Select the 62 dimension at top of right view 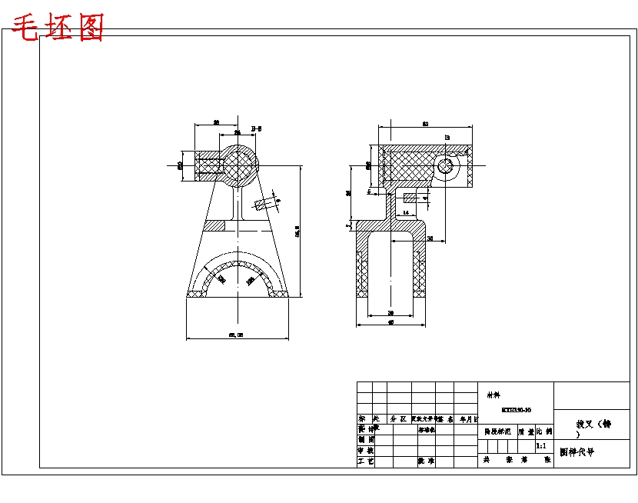(x=424, y=123)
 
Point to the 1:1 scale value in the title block (x=540, y=445)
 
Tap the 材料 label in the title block (x=492, y=395)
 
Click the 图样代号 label (x=577, y=453)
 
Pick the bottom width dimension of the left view (x=236, y=335)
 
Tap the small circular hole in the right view (x=444, y=166)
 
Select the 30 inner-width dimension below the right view (x=390, y=313)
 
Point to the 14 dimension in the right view (x=405, y=212)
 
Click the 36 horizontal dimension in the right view (x=430, y=239)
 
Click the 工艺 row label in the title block (x=366, y=461)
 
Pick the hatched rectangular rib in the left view (x=215, y=225)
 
